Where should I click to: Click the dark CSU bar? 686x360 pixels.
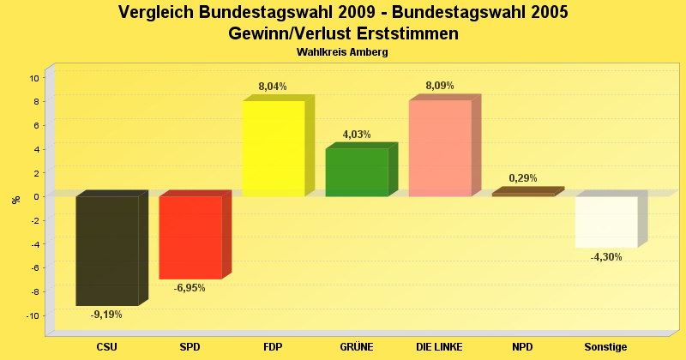pyautogui.click(x=107, y=250)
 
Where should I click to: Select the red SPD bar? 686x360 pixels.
pyautogui.click(x=190, y=237)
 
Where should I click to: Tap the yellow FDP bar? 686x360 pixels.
pyautogui.click(x=274, y=148)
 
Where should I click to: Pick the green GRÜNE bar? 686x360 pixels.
pyautogui.click(x=357, y=172)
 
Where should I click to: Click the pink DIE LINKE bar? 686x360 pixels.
pyautogui.click(x=440, y=148)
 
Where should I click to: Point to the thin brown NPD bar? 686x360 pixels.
pyautogui.click(x=523, y=195)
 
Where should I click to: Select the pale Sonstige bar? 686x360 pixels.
pyautogui.click(x=606, y=222)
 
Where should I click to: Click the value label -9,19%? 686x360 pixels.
pyautogui.click(x=106, y=315)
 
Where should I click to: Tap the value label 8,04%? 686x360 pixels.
pyautogui.click(x=273, y=87)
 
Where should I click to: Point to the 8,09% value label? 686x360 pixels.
pyautogui.click(x=440, y=86)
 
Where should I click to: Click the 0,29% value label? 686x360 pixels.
pyautogui.click(x=523, y=178)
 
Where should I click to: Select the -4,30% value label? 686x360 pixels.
pyautogui.click(x=606, y=257)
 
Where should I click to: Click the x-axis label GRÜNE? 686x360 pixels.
pyautogui.click(x=357, y=347)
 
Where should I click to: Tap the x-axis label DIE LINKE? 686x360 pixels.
pyautogui.click(x=440, y=347)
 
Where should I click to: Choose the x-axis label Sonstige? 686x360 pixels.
pyautogui.click(x=606, y=347)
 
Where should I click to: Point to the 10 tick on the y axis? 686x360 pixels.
pyautogui.click(x=34, y=78)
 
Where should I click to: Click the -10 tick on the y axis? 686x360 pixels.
pyautogui.click(x=33, y=316)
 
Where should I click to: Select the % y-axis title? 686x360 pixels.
pyautogui.click(x=15, y=200)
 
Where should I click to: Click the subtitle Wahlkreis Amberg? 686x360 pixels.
pyautogui.click(x=343, y=52)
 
